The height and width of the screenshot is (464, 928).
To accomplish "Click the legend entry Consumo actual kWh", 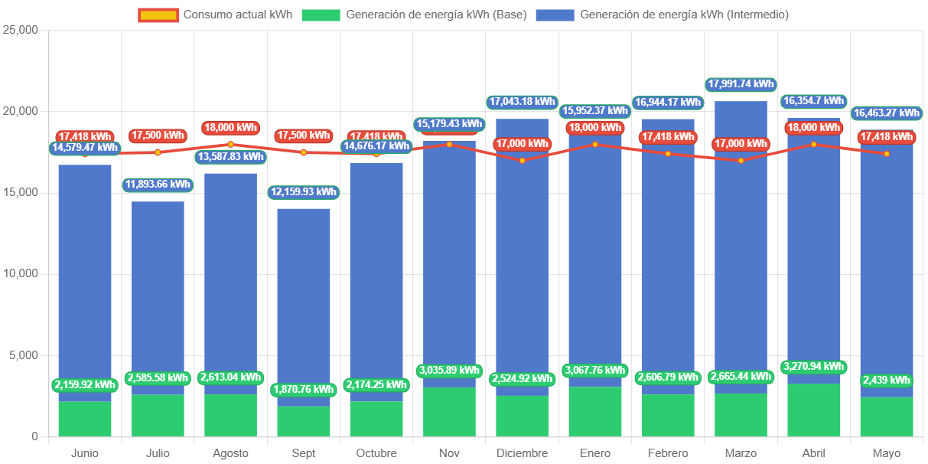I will pyautogui.click(x=215, y=15).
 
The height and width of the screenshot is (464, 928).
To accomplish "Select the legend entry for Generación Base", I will pyautogui.click(x=414, y=15).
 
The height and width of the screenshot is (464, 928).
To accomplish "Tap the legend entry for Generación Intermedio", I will pyautogui.click(x=662, y=15).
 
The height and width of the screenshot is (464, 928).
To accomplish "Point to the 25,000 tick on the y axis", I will pyautogui.click(x=21, y=29).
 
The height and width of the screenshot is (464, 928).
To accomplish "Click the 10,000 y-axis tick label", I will pyautogui.click(x=21, y=273).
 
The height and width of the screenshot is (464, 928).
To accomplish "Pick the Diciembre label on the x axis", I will pyautogui.click(x=522, y=453).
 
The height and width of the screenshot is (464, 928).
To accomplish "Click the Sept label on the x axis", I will pyautogui.click(x=303, y=453).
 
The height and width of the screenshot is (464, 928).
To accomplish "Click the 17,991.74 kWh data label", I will pyautogui.click(x=741, y=84).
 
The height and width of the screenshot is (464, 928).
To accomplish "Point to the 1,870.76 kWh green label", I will pyautogui.click(x=303, y=390).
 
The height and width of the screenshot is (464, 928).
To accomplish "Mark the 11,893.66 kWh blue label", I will pyautogui.click(x=158, y=185).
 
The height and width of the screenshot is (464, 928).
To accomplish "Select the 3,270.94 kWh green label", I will pyautogui.click(x=813, y=367).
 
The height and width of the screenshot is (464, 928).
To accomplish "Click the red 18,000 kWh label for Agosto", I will pyautogui.click(x=230, y=128).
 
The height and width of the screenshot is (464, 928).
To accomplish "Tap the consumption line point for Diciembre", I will pyautogui.click(x=522, y=161).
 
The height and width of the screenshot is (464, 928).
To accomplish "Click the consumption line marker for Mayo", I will pyautogui.click(x=887, y=154).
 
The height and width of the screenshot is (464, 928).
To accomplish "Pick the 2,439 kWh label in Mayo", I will pyautogui.click(x=887, y=381).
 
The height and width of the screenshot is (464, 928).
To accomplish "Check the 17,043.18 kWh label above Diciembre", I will pyautogui.click(x=522, y=101).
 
